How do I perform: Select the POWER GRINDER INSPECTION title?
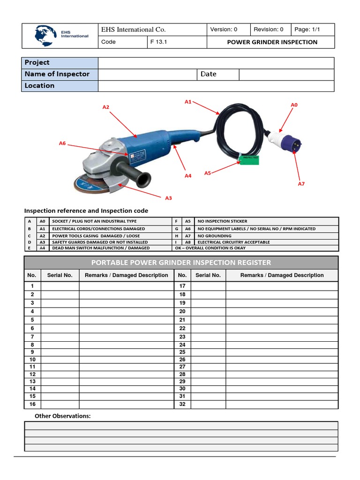[272, 42]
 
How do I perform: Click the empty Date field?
[286, 75]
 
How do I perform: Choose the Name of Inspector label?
[57, 74]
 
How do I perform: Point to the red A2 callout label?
[106, 107]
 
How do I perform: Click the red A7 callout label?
[301, 184]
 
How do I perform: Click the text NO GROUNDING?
[214, 236]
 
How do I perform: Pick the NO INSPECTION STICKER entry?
[222, 221]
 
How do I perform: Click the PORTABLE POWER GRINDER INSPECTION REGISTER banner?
[181, 262]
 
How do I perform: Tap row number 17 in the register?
[182, 286]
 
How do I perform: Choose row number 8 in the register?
[32, 345]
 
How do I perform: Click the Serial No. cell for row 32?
[208, 405]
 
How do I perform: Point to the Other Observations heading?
[63, 416]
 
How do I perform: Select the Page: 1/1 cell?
[307, 30]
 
